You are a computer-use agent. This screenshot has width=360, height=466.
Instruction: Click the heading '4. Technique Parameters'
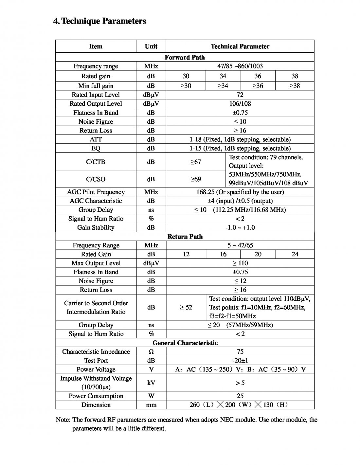tap(100, 21)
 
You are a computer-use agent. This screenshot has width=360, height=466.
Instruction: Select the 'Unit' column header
tap(151, 46)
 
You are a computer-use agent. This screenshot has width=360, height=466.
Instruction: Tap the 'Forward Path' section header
tap(185, 57)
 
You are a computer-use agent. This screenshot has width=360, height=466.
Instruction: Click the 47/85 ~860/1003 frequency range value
tap(240, 66)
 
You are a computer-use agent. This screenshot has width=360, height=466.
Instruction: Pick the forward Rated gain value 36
tap(258, 76)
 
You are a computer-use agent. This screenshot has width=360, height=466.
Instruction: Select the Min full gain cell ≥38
tap(295, 86)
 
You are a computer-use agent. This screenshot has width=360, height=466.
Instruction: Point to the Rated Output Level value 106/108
tap(240, 104)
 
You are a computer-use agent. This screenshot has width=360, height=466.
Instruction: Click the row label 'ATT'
tap(96, 139)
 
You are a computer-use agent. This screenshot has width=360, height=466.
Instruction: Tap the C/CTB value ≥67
tap(195, 162)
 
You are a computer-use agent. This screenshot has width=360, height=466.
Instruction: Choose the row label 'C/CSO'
tap(96, 179)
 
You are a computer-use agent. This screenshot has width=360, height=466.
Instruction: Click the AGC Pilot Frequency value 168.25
tap(240, 192)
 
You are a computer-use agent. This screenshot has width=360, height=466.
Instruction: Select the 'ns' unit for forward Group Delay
tap(151, 210)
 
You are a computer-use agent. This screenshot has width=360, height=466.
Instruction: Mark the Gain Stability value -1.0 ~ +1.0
tap(240, 228)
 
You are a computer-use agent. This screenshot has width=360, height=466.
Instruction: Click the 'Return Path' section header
tap(185, 237)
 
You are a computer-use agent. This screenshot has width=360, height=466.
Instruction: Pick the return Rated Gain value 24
tap(295, 254)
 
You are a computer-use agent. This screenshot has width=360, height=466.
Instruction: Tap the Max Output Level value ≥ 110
tap(240, 263)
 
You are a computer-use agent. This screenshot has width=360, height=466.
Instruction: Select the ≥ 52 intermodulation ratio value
tap(186, 307)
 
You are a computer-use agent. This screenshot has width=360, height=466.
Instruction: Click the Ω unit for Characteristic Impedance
tap(151, 352)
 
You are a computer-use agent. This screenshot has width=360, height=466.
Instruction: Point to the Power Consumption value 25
tap(240, 396)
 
